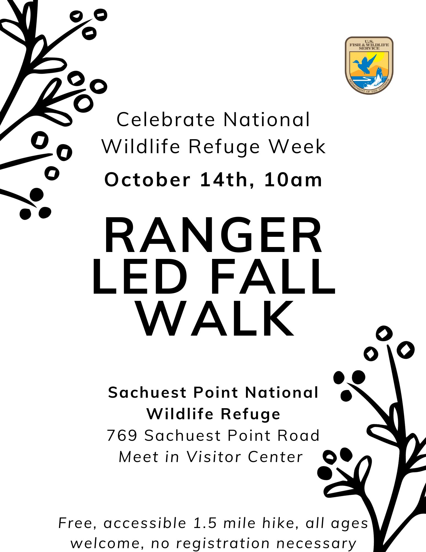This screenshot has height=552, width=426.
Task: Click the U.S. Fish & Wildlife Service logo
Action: (x=369, y=65)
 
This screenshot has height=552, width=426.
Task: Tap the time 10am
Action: (x=293, y=180)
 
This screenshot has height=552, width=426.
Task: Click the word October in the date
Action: (x=148, y=180)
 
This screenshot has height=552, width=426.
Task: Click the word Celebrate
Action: (x=166, y=120)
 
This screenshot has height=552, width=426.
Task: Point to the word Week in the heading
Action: (x=297, y=146)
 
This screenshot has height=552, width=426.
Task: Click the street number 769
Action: (x=122, y=436)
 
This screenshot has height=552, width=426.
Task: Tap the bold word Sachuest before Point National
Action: (x=147, y=392)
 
